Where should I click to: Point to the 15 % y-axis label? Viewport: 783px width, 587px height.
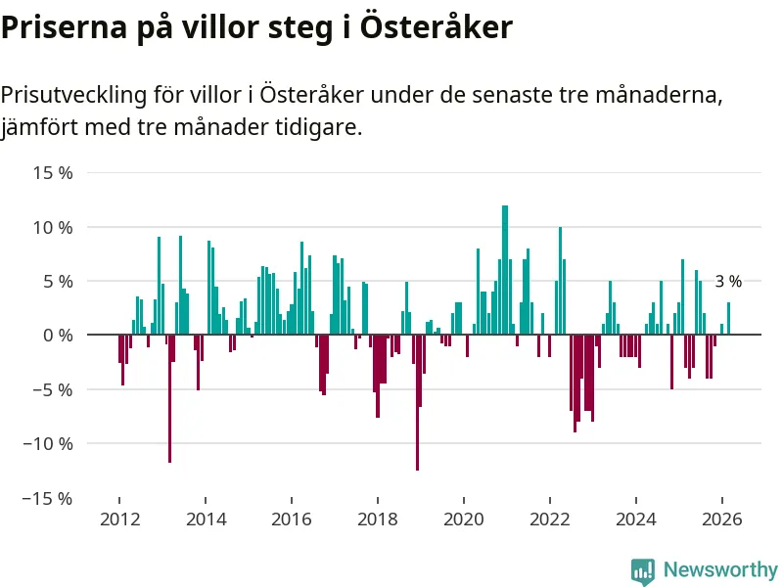click(54, 173)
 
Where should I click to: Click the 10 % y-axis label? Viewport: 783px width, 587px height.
click(54, 227)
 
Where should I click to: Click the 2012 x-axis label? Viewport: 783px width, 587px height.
click(119, 519)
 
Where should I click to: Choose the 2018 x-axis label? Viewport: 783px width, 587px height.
click(378, 519)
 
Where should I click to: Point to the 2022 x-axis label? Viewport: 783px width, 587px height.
click(550, 519)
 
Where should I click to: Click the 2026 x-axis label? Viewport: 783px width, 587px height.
click(722, 519)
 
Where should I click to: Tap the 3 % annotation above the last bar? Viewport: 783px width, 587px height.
click(728, 282)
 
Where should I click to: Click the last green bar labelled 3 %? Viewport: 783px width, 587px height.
click(728, 319)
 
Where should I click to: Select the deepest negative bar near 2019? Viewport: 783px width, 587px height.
click(417, 401)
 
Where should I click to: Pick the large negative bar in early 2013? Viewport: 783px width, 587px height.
click(169, 397)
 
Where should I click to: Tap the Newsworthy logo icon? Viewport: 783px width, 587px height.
click(643, 570)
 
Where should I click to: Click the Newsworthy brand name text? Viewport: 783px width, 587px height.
click(720, 569)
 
